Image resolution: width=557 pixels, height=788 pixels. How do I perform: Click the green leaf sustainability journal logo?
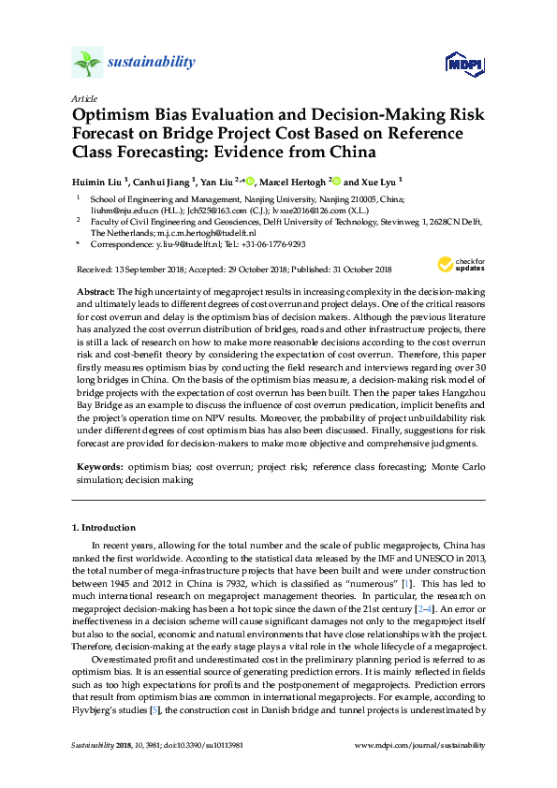(x=87, y=64)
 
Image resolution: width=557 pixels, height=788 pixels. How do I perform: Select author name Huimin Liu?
(x=97, y=182)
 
